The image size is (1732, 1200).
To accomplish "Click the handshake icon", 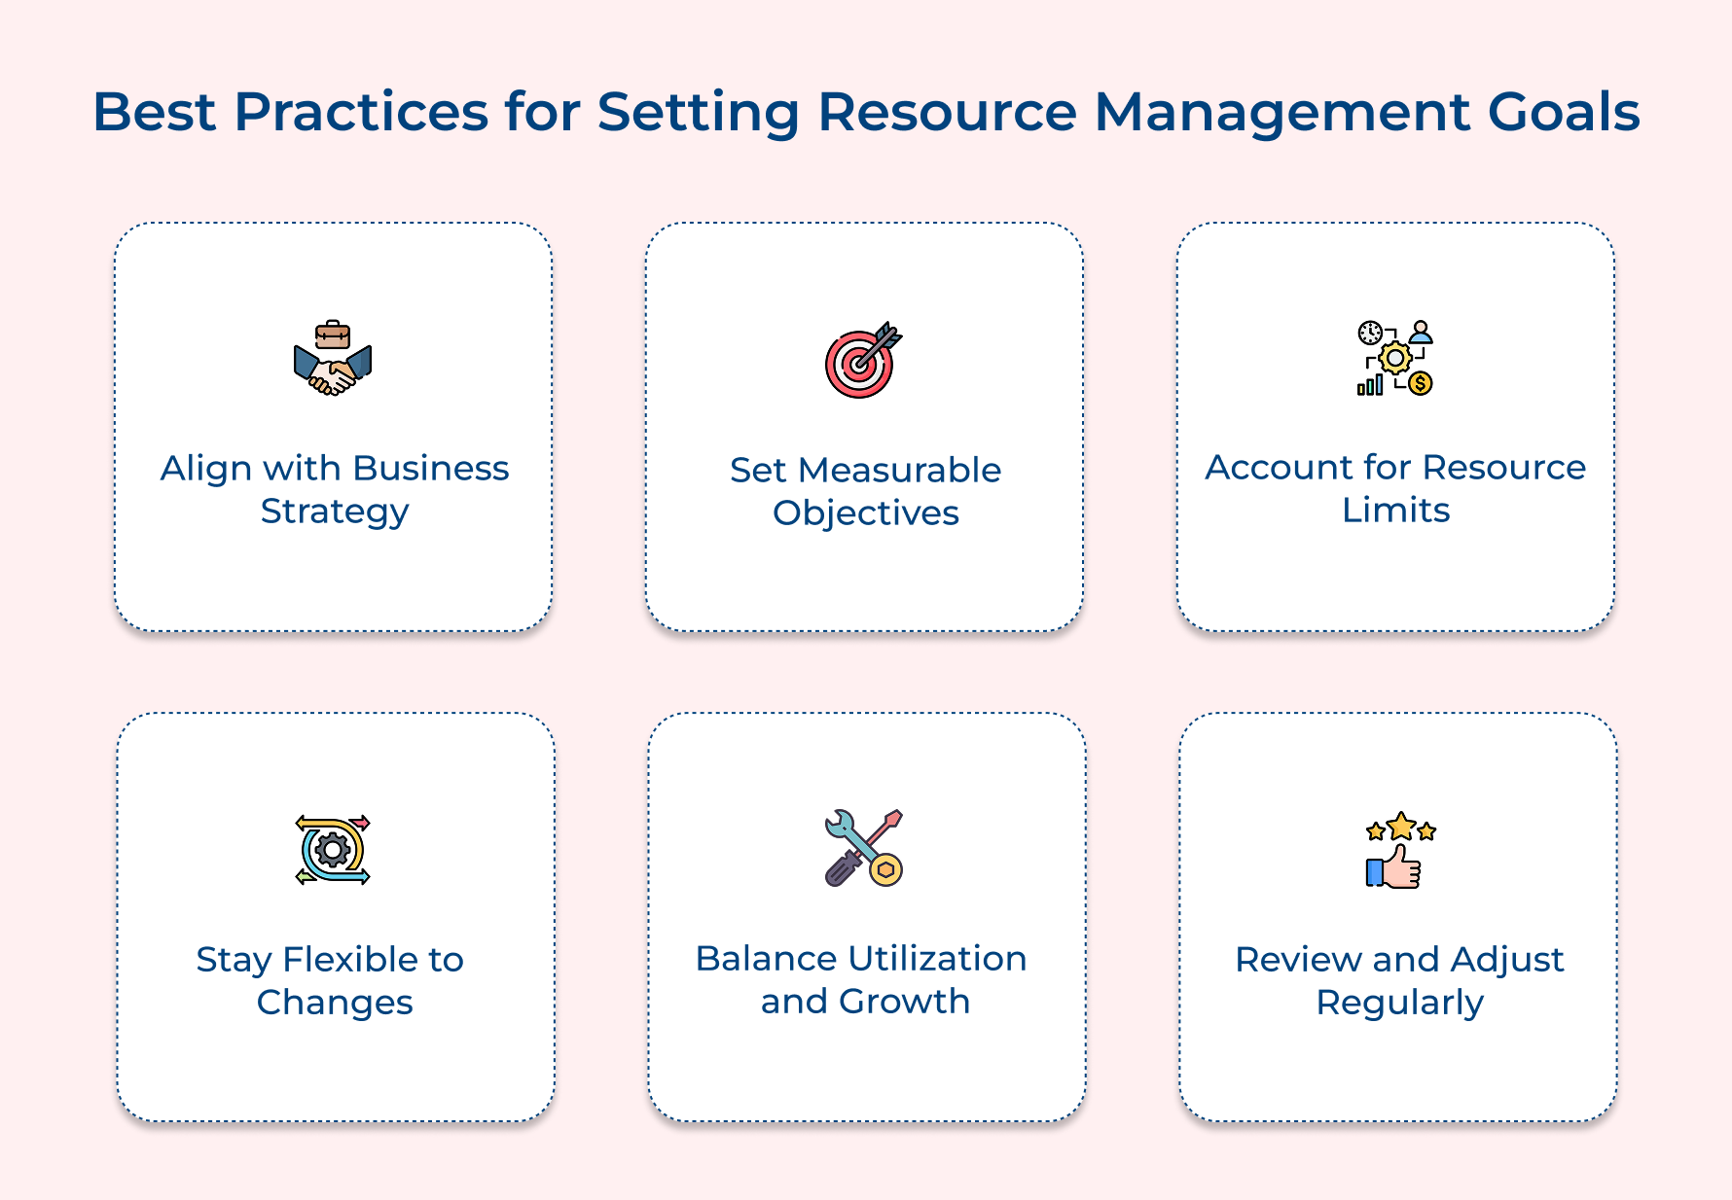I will (333, 359).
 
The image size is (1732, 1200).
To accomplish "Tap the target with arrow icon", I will (862, 360).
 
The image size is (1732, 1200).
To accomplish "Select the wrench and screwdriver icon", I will (863, 848).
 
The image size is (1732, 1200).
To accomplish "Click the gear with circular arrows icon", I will (333, 850).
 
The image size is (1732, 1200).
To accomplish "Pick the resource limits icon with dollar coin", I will (1395, 358).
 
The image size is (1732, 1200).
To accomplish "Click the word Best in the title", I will (154, 112).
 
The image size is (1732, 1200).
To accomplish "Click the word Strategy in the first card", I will (335, 512).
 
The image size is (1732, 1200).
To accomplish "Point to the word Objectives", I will (865, 513).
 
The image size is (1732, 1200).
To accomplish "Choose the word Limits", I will (1395, 511).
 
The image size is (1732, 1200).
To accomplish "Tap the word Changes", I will (335, 1003).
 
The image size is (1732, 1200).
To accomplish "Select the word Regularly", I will (1399, 1003).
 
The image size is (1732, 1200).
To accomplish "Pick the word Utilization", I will (937, 959).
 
